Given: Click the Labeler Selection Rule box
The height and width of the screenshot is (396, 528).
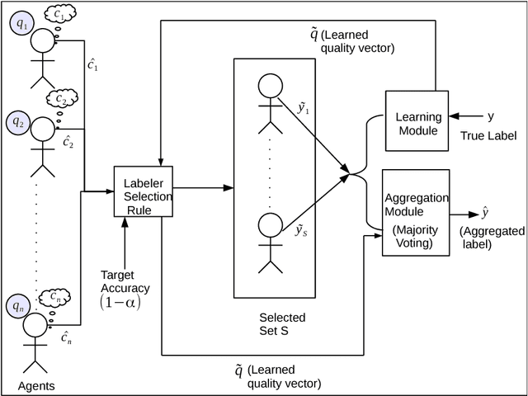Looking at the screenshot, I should pyautogui.click(x=144, y=191).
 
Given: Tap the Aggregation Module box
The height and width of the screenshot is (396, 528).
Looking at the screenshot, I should pyautogui.click(x=416, y=212).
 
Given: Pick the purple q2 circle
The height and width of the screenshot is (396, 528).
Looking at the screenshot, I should pyautogui.click(x=18, y=122).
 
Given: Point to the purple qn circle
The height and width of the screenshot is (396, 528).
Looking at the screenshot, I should pyautogui.click(x=18, y=306).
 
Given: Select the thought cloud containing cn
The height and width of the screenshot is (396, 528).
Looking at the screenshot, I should pyautogui.click(x=56, y=296).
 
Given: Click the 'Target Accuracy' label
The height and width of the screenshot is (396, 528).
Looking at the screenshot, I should pyautogui.click(x=125, y=281).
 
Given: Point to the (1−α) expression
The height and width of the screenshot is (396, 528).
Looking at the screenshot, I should pyautogui.click(x=120, y=302).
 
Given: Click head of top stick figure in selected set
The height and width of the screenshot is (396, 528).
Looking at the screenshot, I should pyautogui.click(x=269, y=85).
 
